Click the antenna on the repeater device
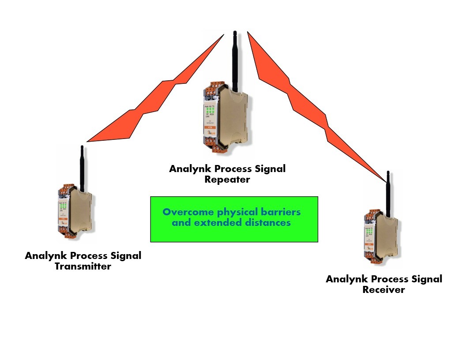pyautogui.click(x=235, y=62)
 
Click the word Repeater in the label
pyautogui.click(x=227, y=180)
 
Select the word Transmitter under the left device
pyautogui.click(x=83, y=266)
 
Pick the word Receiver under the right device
pyautogui.click(x=383, y=289)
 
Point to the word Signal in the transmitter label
pyautogui.click(x=124, y=255)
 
